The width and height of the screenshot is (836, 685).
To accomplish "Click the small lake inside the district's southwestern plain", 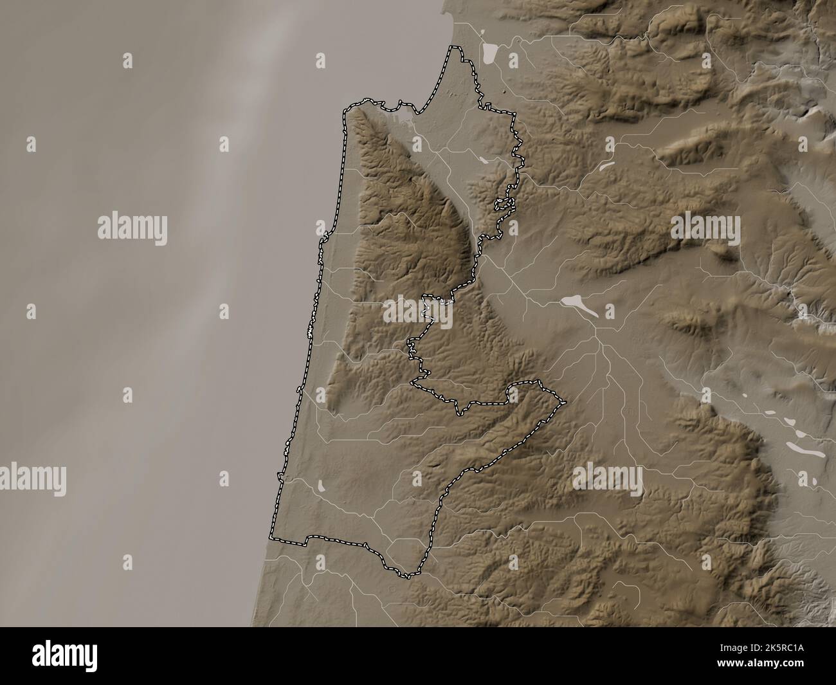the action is tap(322, 486).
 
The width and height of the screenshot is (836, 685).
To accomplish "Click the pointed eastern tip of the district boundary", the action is tap(565, 403).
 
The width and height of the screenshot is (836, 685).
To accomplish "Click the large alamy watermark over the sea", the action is tap(132, 228).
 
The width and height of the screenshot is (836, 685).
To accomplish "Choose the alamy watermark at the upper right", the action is tap(705, 228).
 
